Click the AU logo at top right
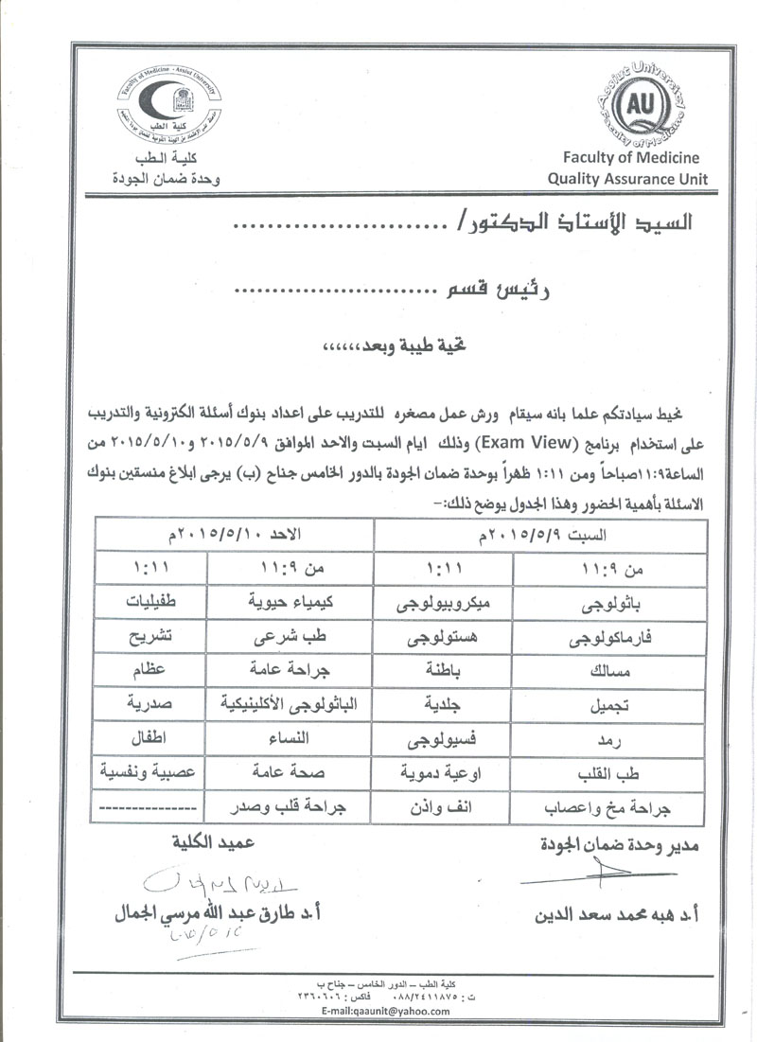(642, 103)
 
